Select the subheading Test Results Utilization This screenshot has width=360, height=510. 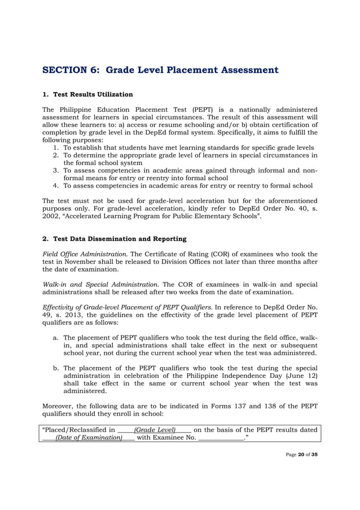click(x=93, y=94)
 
